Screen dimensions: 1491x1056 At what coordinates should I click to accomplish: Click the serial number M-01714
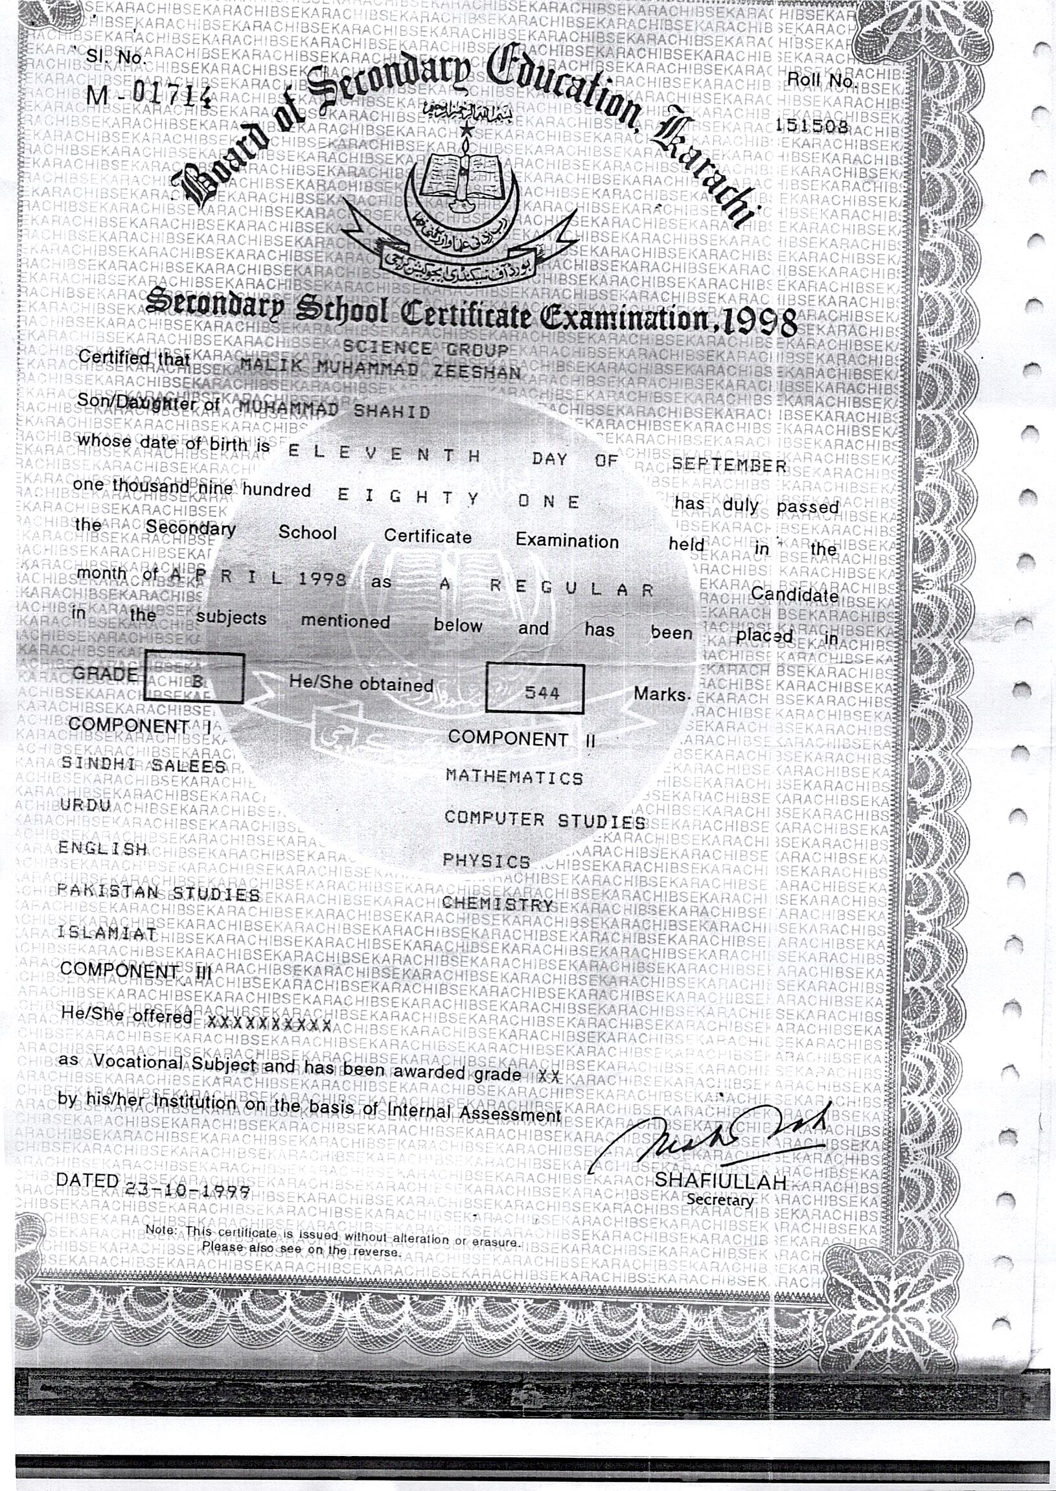pos(149,95)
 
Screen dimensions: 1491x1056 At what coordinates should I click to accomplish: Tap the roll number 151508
pos(812,126)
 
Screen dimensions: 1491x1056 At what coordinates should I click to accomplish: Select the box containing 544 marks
pos(534,689)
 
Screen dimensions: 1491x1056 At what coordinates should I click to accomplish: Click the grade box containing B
pos(194,679)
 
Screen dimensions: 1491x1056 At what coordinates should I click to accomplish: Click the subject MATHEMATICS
pos(514,777)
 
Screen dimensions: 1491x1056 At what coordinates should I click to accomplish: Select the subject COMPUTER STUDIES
pos(545,820)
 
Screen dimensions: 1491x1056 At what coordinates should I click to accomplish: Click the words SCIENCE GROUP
pos(425,349)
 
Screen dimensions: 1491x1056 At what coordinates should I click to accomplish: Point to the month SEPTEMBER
pos(729,464)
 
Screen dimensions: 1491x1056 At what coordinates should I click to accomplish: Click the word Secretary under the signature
pos(720,1200)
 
